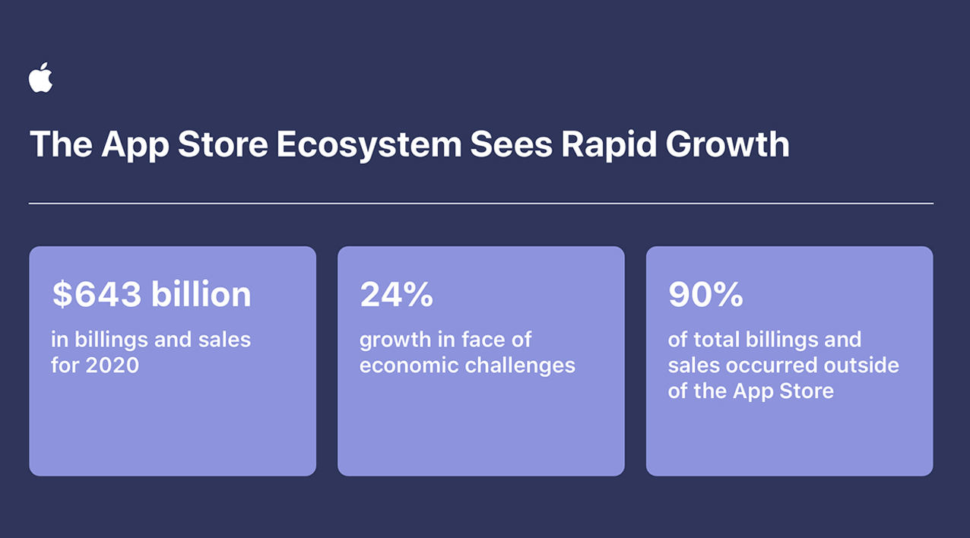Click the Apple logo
(41, 78)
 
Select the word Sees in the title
(512, 144)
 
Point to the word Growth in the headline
(727, 144)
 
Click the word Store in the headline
(223, 144)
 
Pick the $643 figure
(97, 294)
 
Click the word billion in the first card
(201, 293)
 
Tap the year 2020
(113, 366)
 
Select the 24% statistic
(396, 294)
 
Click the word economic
(408, 366)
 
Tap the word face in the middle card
(480, 340)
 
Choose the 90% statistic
(705, 294)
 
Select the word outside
(861, 365)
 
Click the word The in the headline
(61, 144)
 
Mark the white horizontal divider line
(481, 203)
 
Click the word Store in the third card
(807, 391)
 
